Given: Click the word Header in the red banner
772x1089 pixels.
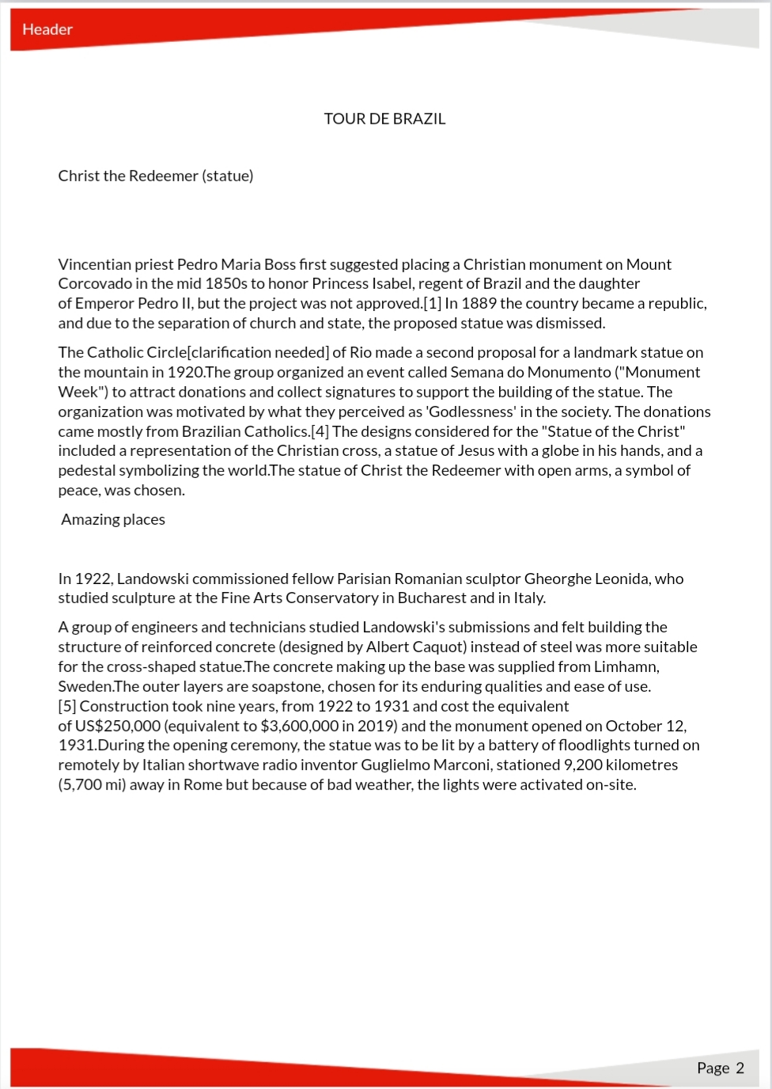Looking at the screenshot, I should pyautogui.click(x=47, y=29).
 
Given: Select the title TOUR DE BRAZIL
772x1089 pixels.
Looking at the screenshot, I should pyautogui.click(x=384, y=119).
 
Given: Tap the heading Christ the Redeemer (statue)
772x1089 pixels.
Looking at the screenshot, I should pyautogui.click(x=156, y=176).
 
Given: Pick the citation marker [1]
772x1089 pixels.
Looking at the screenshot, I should pyautogui.click(x=433, y=303).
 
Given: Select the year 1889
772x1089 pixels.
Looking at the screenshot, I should pyautogui.click(x=478, y=303).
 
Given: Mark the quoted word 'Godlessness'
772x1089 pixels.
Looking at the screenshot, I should pyautogui.click(x=470, y=412).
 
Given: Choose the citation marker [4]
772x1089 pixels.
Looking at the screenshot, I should pyautogui.click(x=320, y=431).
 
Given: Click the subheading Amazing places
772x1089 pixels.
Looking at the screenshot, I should pyautogui.click(x=113, y=519).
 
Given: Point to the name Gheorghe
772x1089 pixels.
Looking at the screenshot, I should pyautogui.click(x=557, y=579).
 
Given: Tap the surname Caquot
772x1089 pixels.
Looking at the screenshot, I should pyautogui.click(x=437, y=647).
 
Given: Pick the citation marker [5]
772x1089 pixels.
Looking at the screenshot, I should pyautogui.click(x=67, y=706).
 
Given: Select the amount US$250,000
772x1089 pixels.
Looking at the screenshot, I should pyautogui.click(x=118, y=726).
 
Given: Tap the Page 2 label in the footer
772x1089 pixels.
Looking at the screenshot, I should pyautogui.click(x=720, y=1068).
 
